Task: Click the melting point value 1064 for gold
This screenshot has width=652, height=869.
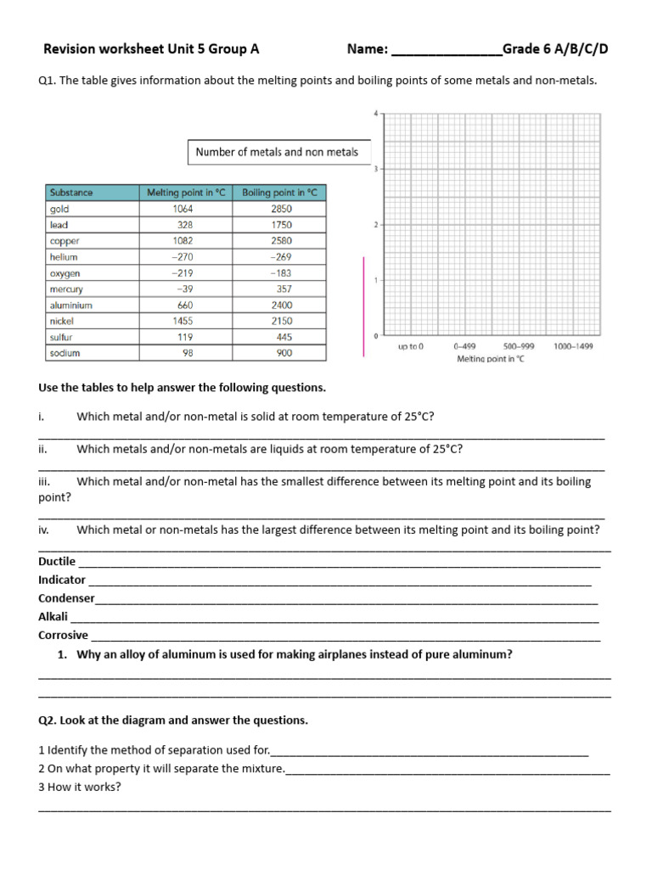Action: pyautogui.click(x=183, y=209)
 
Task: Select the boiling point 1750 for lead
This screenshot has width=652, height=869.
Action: pyautogui.click(x=281, y=225)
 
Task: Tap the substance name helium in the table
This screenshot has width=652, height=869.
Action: pyautogui.click(x=64, y=257)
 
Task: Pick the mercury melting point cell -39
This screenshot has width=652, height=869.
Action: pyautogui.click(x=183, y=289)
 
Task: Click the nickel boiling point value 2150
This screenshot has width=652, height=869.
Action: pyautogui.click(x=281, y=322)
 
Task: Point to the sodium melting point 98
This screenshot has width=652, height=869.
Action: pyautogui.click(x=184, y=353)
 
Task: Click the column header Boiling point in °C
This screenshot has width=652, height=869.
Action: pyautogui.click(x=278, y=193)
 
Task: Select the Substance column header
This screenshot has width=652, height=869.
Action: pyautogui.click(x=71, y=193)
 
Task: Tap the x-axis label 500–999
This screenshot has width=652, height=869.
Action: pyautogui.click(x=519, y=346)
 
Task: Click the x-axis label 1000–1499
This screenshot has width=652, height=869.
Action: pyautogui.click(x=574, y=346)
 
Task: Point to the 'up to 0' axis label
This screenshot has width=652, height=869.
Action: pyautogui.click(x=411, y=346)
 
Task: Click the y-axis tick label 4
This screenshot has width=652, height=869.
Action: pyautogui.click(x=376, y=113)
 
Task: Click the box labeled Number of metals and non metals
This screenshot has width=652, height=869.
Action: pyautogui.click(x=278, y=153)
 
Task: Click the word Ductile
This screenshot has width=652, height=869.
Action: pyautogui.click(x=57, y=562)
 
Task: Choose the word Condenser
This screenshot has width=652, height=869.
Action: pyautogui.click(x=66, y=598)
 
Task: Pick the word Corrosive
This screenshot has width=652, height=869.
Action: pyautogui.click(x=63, y=635)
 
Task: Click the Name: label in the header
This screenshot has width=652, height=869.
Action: pyautogui.click(x=368, y=49)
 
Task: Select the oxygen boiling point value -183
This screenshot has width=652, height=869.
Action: pyautogui.click(x=281, y=273)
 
